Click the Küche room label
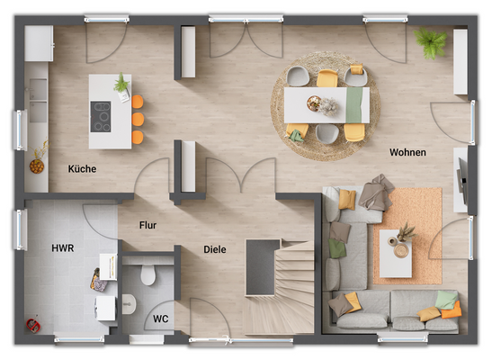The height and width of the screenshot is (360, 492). click(x=82, y=168)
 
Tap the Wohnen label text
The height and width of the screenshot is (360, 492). click(x=407, y=152)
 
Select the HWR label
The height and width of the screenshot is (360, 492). click(x=63, y=247)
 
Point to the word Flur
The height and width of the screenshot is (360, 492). click(x=149, y=227)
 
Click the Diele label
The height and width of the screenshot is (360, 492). click(x=214, y=249)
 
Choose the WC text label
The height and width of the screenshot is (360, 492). click(x=160, y=319)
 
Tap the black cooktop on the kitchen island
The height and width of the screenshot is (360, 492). click(x=101, y=115)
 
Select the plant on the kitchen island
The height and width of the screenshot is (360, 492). click(x=121, y=85)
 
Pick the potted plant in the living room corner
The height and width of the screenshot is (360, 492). click(x=432, y=41)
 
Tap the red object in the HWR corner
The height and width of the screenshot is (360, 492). click(x=33, y=322)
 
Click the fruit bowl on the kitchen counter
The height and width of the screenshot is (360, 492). click(x=38, y=166)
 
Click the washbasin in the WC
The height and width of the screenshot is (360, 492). click(x=130, y=303)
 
